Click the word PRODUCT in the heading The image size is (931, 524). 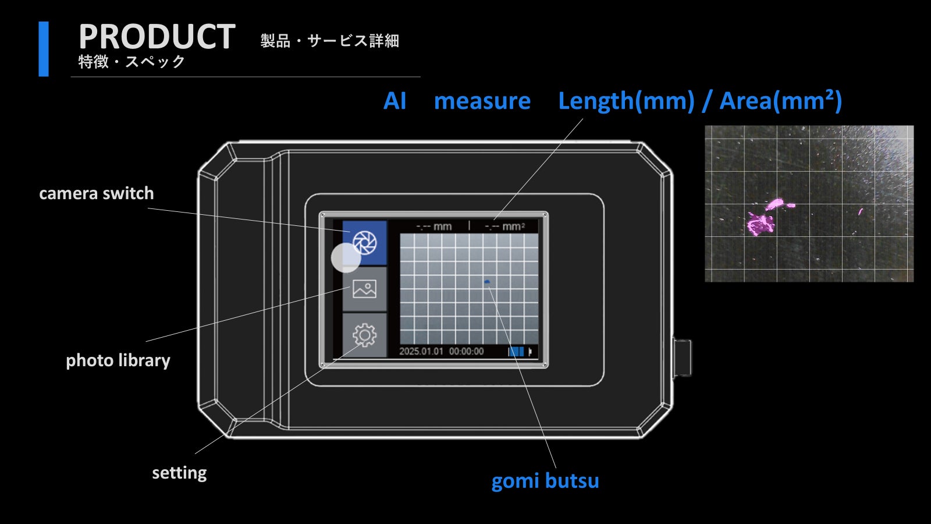tap(157, 37)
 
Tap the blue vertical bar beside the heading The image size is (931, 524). tap(44, 49)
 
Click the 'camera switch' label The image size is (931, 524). tap(97, 193)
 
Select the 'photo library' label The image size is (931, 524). tap(118, 360)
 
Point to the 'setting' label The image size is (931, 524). tap(179, 473)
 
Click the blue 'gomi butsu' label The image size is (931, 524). tap(545, 481)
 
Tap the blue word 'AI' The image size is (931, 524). tap(395, 101)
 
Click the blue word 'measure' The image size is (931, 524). tap(482, 101)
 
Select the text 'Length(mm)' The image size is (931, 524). tap(626, 101)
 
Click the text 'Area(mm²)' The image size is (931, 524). tap(780, 101)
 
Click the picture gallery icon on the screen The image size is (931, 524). tap(364, 289)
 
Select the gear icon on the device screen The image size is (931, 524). tap(364, 335)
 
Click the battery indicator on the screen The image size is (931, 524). tap(517, 352)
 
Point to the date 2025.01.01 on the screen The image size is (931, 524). tap(421, 352)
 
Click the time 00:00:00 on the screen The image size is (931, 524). tap(466, 352)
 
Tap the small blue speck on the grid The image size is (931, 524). tap(487, 282)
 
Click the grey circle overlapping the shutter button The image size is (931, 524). tap(346, 258)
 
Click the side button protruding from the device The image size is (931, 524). tap(682, 356)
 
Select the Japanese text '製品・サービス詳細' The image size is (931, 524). tap(329, 41)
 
